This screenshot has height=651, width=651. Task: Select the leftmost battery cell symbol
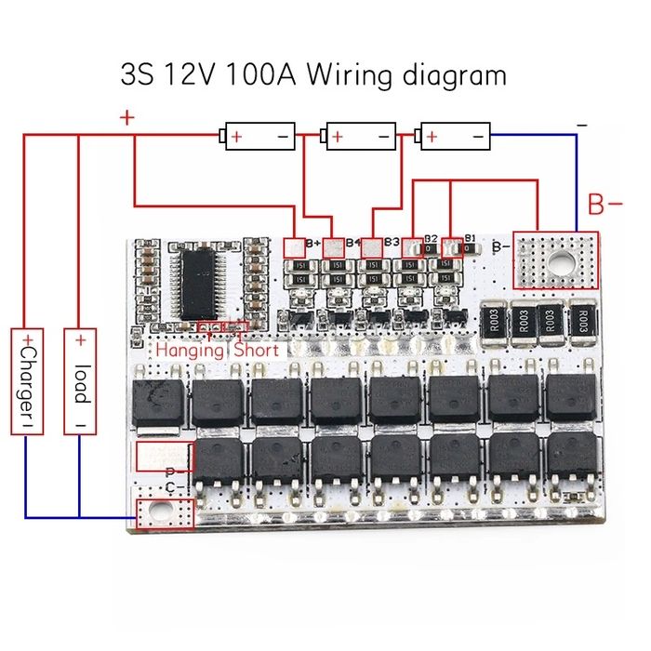click(259, 137)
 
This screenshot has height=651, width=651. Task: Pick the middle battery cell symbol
click(359, 137)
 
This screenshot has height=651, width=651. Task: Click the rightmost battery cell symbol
click(455, 137)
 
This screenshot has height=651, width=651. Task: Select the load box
click(81, 380)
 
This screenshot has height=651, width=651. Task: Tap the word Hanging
click(190, 351)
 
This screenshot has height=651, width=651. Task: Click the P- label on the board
click(171, 473)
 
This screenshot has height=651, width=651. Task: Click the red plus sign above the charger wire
click(127, 119)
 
